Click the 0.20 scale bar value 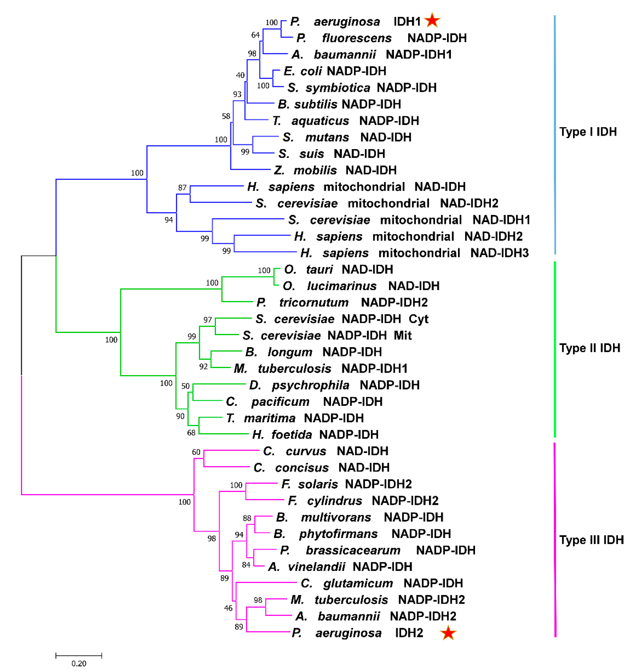pos(79,663)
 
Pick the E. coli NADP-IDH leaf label pos(335,71)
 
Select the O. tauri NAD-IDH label pos(339,269)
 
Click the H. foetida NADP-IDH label pos(315,434)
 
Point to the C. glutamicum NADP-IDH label pos(382,583)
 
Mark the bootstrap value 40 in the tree pos(240,75)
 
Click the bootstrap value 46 pos(228,608)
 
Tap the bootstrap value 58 pos(226,116)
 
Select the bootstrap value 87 pos(182,188)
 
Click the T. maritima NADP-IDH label pos(295,418)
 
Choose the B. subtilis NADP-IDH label pos(340,104)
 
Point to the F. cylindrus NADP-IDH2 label pos(363,501)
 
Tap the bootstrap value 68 pos(191,433)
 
